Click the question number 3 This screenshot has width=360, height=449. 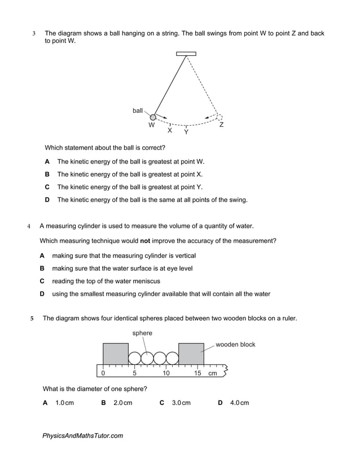(x=34, y=34)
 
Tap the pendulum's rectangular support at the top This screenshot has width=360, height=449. (x=186, y=54)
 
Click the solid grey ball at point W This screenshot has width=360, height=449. (x=152, y=117)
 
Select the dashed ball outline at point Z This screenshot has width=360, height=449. (x=219, y=117)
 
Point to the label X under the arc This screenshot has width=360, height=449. (x=169, y=130)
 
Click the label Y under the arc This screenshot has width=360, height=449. (x=186, y=133)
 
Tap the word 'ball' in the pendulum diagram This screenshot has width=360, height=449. (x=138, y=111)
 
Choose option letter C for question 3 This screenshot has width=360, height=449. (x=47, y=187)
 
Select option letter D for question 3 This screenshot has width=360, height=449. (x=47, y=200)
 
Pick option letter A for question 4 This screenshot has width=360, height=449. (x=42, y=256)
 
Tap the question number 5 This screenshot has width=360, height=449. (x=32, y=319)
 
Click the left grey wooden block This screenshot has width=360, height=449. (x=116, y=354)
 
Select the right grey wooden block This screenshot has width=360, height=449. (x=191, y=354)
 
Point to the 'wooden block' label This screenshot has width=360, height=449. (x=235, y=345)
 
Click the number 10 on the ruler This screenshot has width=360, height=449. (x=166, y=373)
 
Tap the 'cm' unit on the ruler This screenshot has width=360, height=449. (x=213, y=373)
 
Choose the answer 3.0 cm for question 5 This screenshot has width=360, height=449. (x=181, y=403)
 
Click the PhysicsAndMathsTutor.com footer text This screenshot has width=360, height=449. (x=82, y=435)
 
